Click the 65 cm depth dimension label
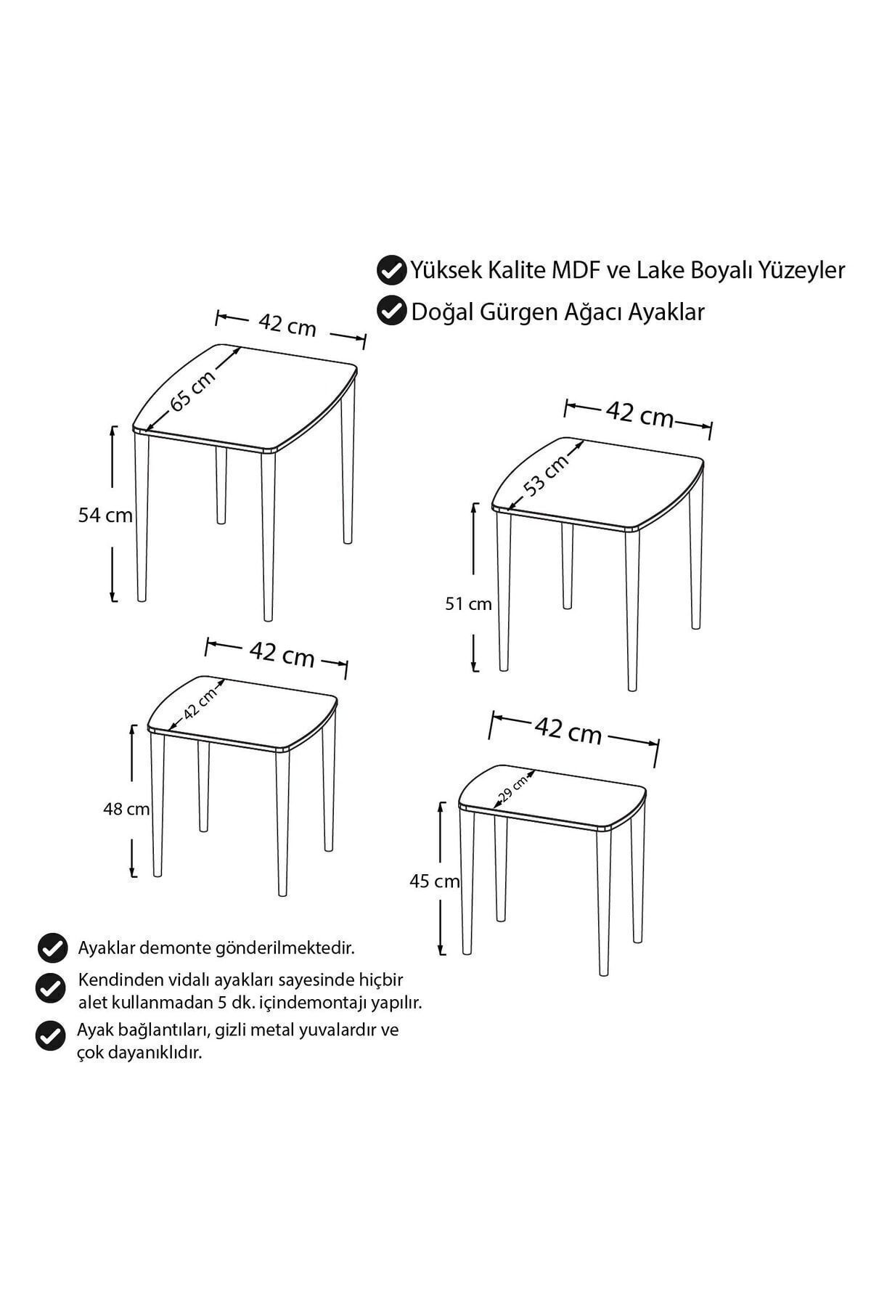193,391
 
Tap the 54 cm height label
105,516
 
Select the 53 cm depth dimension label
547,476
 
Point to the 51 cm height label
468,603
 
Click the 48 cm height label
126,808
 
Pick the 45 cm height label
435,881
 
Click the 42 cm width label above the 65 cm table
287,325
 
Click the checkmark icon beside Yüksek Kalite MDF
391,271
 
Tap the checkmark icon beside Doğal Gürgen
391,311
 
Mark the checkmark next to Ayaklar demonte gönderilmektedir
51,948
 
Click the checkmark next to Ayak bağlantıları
50,1035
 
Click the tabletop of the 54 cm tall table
245,398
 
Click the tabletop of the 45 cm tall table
552,797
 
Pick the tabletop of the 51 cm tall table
598,484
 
